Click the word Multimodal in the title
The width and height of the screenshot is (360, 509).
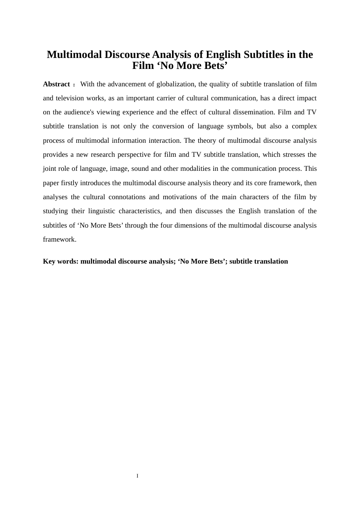74,55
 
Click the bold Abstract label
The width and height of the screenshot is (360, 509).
56,84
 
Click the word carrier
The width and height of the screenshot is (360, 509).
167,98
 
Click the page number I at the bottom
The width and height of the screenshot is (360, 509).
138,476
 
